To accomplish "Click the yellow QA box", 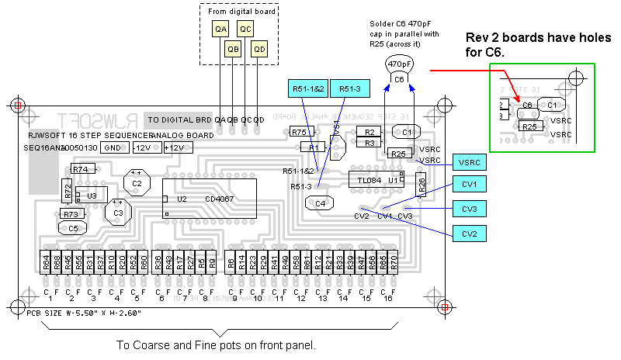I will point(221,29).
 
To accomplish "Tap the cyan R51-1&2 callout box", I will point(309,89).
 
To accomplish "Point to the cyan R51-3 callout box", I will point(354,89).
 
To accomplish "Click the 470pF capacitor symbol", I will point(398,70).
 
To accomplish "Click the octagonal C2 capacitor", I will point(137,183).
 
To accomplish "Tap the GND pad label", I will point(113,147).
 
